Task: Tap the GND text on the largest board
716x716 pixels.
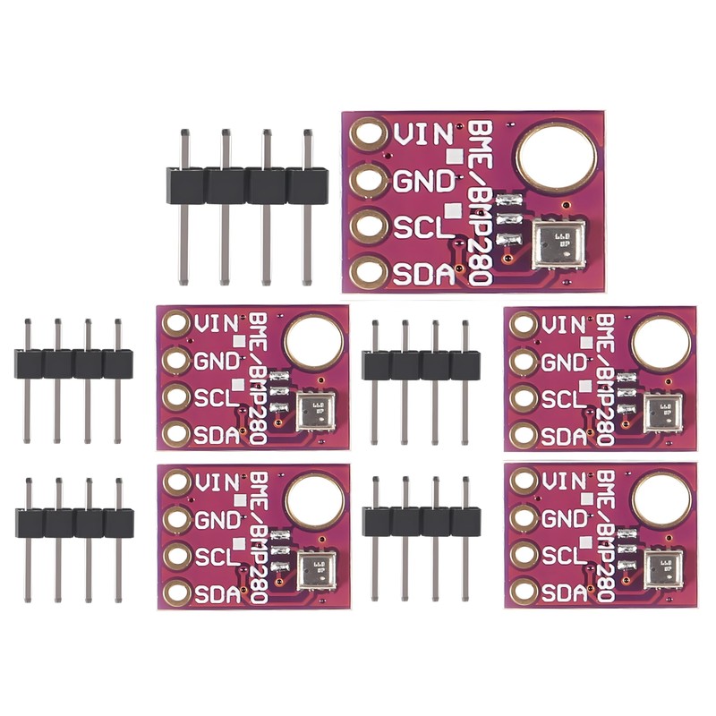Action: tap(424, 181)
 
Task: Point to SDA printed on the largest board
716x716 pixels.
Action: tap(424, 272)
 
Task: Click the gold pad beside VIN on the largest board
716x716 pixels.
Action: tap(367, 135)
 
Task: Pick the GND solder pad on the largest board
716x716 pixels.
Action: tap(367, 180)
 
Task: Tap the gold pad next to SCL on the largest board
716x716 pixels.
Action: tap(367, 226)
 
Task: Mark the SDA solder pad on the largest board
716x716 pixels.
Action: tap(367, 271)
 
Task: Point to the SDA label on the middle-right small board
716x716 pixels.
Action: tap(563, 436)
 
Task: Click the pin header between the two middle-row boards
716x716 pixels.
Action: tap(421, 364)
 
